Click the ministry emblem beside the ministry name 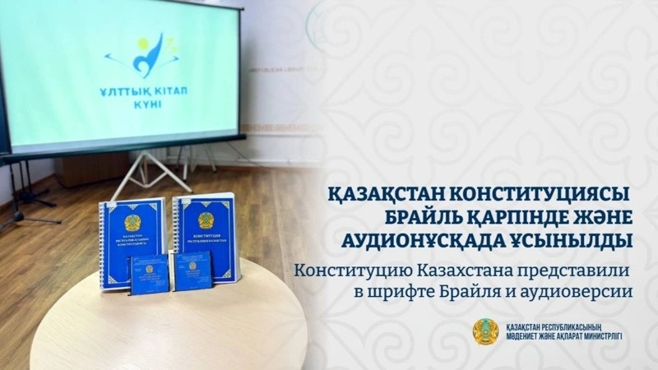click(x=484, y=331)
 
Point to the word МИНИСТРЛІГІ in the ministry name click(x=597, y=338)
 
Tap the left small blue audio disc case click(x=149, y=275)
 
